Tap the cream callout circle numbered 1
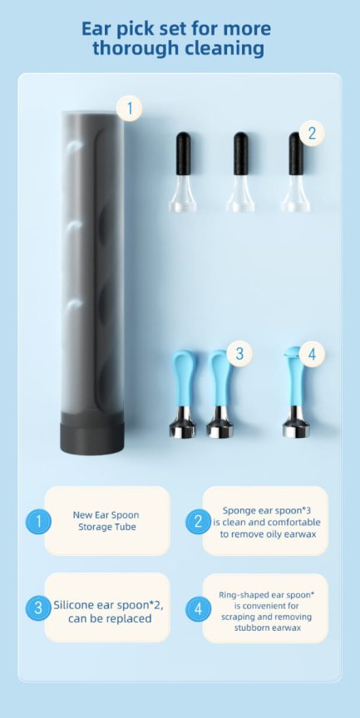point(130,109)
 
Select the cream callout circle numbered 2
point(312,133)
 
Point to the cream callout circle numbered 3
point(239,354)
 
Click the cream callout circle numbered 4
point(312,354)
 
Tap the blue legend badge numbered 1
point(38,521)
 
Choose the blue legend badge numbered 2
point(199,521)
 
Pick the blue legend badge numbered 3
point(38,607)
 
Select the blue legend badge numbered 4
point(199,608)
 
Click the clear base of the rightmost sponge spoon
point(295,194)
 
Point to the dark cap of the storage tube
point(92,438)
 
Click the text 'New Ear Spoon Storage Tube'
point(106,521)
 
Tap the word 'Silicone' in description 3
point(73,605)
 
